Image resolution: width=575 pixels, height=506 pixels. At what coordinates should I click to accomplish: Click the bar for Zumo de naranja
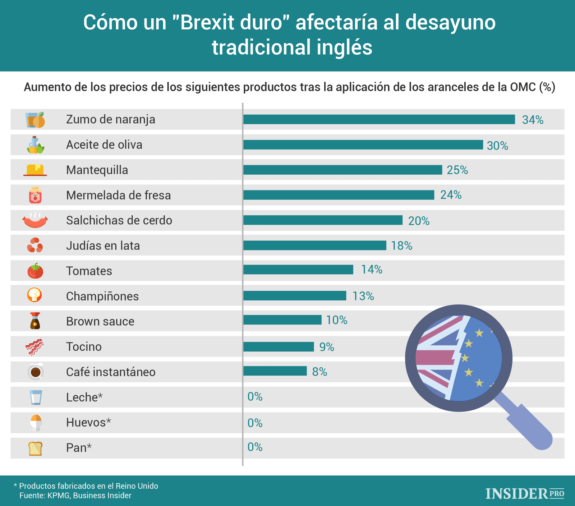tap(379, 119)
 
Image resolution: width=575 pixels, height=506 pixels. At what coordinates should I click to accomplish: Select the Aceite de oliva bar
tap(363, 145)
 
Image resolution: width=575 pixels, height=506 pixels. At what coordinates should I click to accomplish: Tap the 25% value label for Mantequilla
tap(457, 170)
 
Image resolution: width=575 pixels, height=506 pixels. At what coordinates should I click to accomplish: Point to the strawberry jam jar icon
tap(35, 195)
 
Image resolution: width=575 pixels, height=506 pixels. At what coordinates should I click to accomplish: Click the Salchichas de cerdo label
tap(119, 220)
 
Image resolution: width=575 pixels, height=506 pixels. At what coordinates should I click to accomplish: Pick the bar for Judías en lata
tap(315, 245)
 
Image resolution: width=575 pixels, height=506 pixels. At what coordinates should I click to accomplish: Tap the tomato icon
tap(35, 271)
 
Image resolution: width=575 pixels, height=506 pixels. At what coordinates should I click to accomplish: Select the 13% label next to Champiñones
tap(363, 296)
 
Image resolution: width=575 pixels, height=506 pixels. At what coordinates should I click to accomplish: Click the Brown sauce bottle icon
tap(35, 321)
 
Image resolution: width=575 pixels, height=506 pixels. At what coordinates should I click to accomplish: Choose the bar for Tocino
tap(279, 347)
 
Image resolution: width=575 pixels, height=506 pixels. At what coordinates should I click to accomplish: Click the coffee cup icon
tap(36, 372)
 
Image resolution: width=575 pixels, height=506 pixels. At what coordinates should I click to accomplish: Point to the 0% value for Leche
tap(255, 397)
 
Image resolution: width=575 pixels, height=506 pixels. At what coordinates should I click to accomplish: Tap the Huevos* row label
tap(88, 422)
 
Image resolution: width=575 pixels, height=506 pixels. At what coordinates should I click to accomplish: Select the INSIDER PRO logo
tap(525, 493)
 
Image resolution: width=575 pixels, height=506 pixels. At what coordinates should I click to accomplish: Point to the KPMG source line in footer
tap(75, 496)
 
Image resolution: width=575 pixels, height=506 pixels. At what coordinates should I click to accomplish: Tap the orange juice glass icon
tap(35, 120)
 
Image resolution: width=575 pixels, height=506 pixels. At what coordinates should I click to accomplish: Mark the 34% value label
tap(533, 120)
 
